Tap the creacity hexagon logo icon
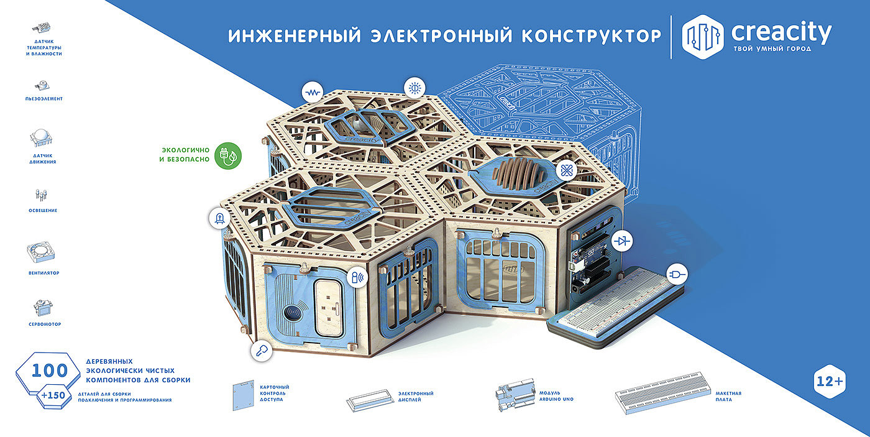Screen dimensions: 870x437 pos(703,37)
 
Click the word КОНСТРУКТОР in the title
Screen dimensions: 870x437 pos(591,36)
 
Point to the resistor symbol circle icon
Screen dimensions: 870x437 pos(313,93)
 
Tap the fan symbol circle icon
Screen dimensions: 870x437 pos(567,171)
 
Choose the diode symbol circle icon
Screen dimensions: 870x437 pos(622,241)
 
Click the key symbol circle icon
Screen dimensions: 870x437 pos(262,351)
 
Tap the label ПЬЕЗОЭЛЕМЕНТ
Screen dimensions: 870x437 pos(44,99)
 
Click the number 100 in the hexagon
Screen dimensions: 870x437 pos(50,371)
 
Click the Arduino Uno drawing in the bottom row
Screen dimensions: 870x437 pos(515,394)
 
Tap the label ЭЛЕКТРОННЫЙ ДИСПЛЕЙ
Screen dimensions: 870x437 pos(416,397)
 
